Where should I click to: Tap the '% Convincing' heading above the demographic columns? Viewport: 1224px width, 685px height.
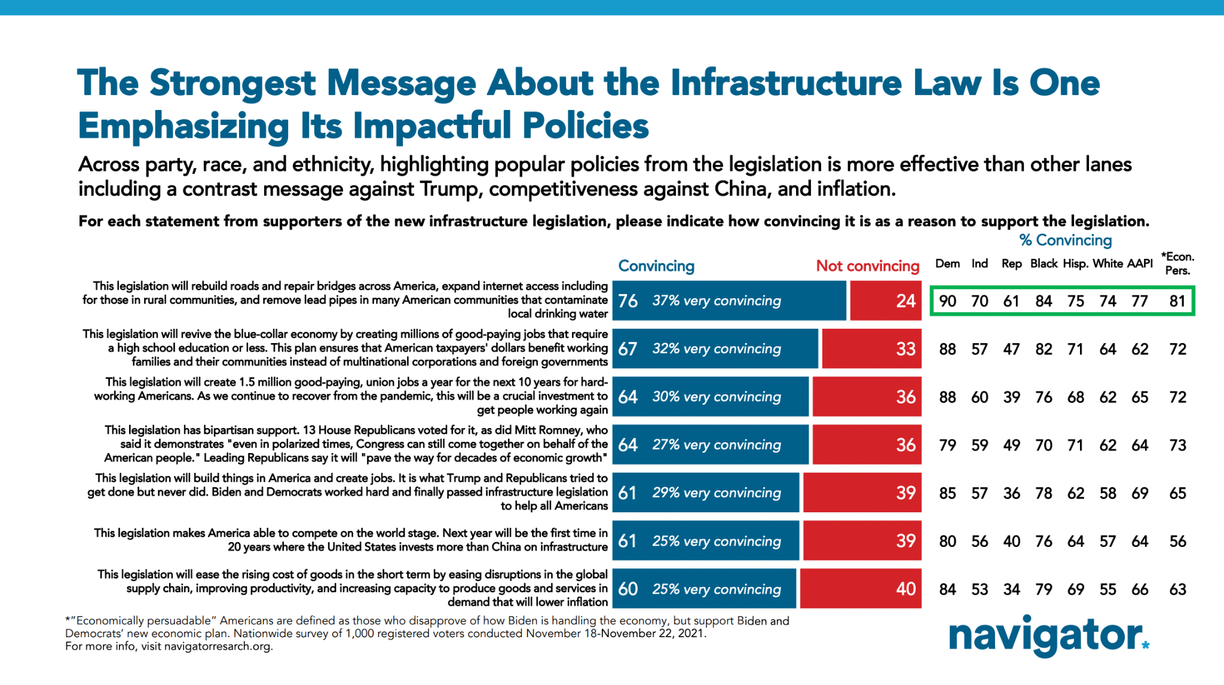pos(1065,240)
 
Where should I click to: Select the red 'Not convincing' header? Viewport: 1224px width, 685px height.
pos(867,266)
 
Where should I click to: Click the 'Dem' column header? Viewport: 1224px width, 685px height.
pos(947,264)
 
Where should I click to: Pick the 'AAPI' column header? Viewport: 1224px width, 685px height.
pos(1140,264)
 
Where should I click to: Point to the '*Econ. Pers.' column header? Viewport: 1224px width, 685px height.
pos(1177,264)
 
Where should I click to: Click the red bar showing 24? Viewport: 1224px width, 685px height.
pos(885,301)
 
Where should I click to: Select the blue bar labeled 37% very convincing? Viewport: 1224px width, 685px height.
pos(729,301)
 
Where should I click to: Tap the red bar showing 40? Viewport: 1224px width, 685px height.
pos(860,589)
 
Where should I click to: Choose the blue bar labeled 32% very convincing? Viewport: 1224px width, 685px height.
pos(715,348)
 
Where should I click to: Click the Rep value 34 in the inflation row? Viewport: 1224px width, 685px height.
pos(1011,589)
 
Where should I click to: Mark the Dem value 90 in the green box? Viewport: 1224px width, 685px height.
pos(947,301)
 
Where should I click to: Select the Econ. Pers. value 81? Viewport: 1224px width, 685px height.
pos(1177,301)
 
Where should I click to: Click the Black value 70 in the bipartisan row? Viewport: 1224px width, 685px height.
pos(1044,445)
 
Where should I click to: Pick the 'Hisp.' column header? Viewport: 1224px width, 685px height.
pos(1075,264)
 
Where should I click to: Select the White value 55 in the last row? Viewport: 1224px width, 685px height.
pos(1107,589)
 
